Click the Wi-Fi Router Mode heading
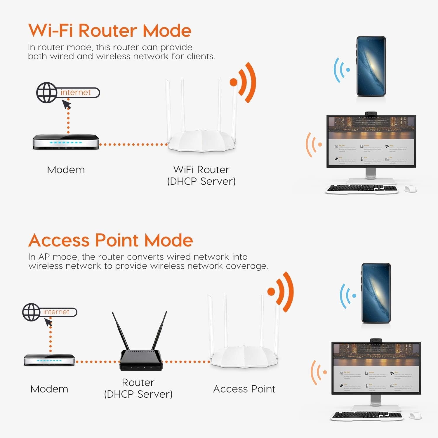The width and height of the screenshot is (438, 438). [110, 30]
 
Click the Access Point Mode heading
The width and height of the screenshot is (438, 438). [110, 240]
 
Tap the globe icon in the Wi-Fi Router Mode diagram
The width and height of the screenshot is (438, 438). [46, 93]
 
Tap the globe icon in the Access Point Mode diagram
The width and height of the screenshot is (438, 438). [31, 312]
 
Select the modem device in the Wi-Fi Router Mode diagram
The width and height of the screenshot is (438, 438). [66, 142]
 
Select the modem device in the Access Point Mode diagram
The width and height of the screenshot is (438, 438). [49, 360]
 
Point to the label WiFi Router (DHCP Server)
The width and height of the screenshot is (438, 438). [201, 175]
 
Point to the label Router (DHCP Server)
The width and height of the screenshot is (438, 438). [138, 388]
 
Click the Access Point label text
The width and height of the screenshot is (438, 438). [244, 389]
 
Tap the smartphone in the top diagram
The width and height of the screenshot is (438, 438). [371, 66]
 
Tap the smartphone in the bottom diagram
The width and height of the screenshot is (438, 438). [376, 293]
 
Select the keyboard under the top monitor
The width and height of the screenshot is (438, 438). [362, 189]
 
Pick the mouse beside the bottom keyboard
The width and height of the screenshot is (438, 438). [415, 416]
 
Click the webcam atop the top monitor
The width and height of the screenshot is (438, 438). [371, 113]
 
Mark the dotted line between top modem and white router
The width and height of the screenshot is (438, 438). [133, 144]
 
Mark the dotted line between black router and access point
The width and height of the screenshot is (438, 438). [186, 361]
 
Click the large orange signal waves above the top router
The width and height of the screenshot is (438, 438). [245, 82]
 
